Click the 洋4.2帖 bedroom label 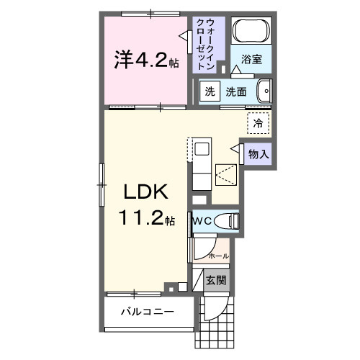pyautogui.click(x=145, y=61)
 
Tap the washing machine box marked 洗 pyautogui.click(x=210, y=91)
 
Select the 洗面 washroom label pyautogui.click(x=236, y=91)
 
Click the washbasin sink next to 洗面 pyautogui.click(x=265, y=91)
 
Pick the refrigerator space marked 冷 pyautogui.click(x=258, y=123)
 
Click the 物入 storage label pyautogui.click(x=258, y=153)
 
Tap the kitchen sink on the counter pyautogui.click(x=202, y=149)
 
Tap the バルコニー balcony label pyautogui.click(x=146, y=313)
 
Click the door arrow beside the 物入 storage pyautogui.click(x=235, y=148)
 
